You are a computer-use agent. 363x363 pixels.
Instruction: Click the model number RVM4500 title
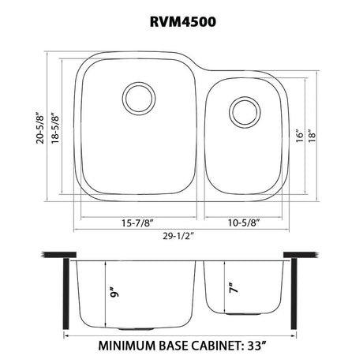point(183,22)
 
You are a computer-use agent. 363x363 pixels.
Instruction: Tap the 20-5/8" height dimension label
point(40,128)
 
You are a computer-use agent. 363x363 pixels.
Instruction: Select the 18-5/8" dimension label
point(55,128)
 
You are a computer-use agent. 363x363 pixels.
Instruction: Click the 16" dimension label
point(300,136)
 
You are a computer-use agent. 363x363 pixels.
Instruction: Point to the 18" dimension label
point(312,136)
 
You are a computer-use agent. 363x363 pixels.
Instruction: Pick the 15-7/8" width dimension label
point(137,223)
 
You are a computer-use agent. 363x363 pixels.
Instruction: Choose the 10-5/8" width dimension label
point(244,223)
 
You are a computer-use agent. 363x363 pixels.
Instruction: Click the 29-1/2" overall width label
point(178,236)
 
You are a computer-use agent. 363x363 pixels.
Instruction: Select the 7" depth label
point(234,288)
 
